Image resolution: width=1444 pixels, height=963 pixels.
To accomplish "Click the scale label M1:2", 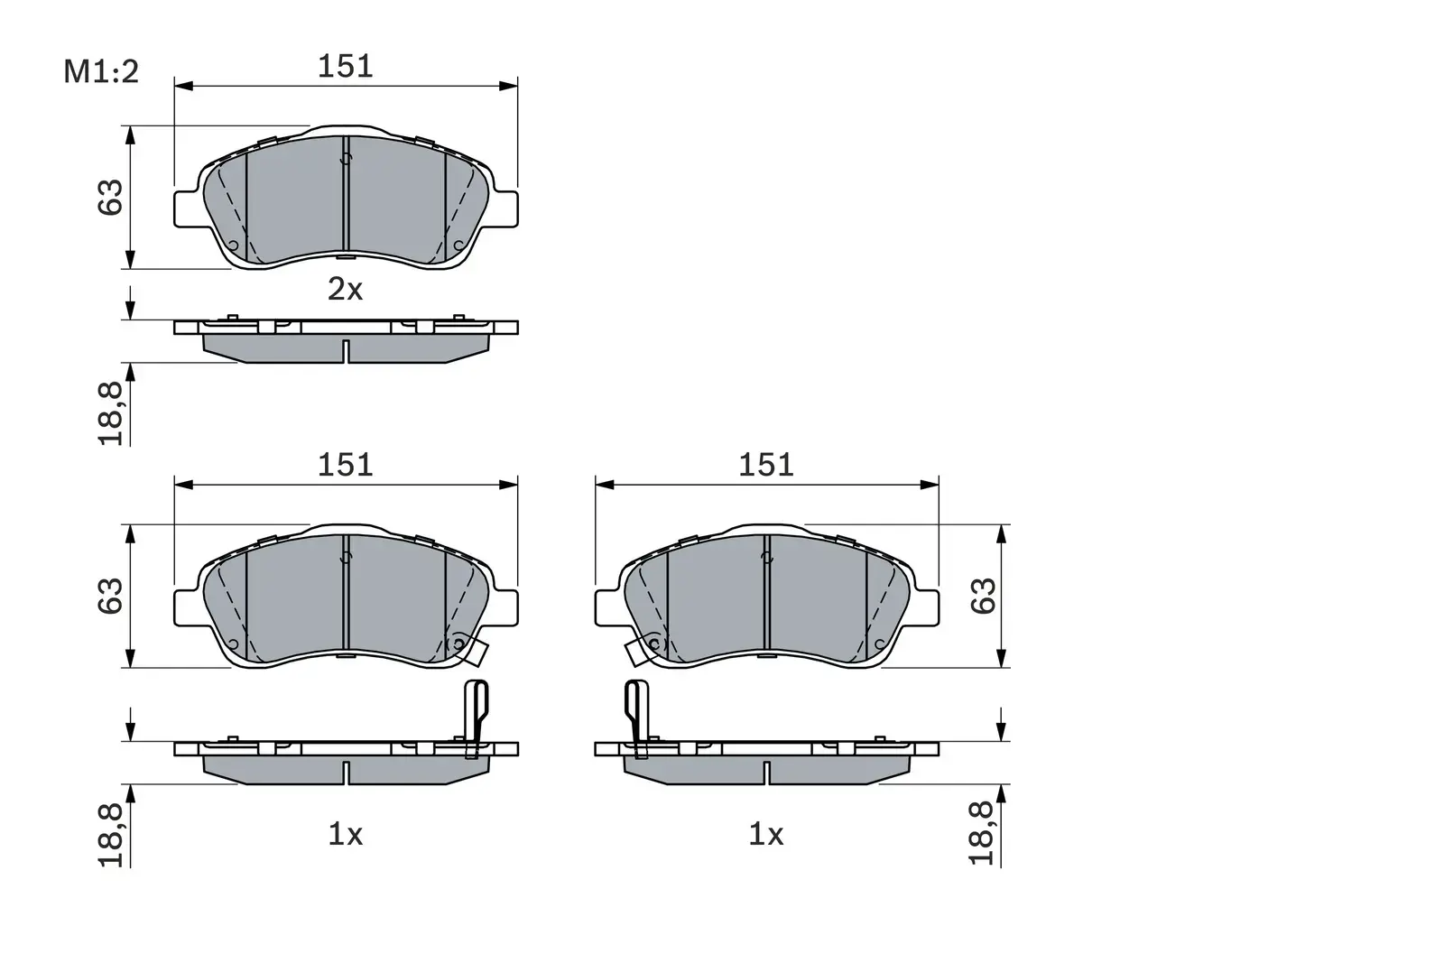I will pyautogui.click(x=101, y=72).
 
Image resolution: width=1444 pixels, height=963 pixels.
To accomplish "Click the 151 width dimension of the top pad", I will pyautogui.click(x=345, y=67).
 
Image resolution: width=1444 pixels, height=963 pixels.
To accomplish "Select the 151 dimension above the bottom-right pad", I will pyautogui.click(x=766, y=465).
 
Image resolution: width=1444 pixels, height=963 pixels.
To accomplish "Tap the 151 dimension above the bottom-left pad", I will pyautogui.click(x=345, y=465).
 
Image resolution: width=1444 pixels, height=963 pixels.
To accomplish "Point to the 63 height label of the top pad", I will pyautogui.click(x=110, y=198).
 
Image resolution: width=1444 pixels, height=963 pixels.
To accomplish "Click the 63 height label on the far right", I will pyautogui.click(x=983, y=596).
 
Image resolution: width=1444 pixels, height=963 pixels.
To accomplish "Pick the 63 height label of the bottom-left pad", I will pyautogui.click(x=110, y=596).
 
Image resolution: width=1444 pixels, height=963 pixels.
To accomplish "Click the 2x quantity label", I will pyautogui.click(x=345, y=290).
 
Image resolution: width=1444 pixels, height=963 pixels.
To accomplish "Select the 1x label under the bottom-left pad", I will pyautogui.click(x=345, y=835).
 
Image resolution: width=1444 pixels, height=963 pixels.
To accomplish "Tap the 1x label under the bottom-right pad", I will pyautogui.click(x=765, y=835).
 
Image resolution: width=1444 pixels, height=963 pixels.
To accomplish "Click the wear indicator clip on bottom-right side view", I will pyautogui.click(x=636, y=713).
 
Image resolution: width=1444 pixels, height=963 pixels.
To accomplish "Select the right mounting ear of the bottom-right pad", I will pyautogui.click(x=927, y=607).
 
